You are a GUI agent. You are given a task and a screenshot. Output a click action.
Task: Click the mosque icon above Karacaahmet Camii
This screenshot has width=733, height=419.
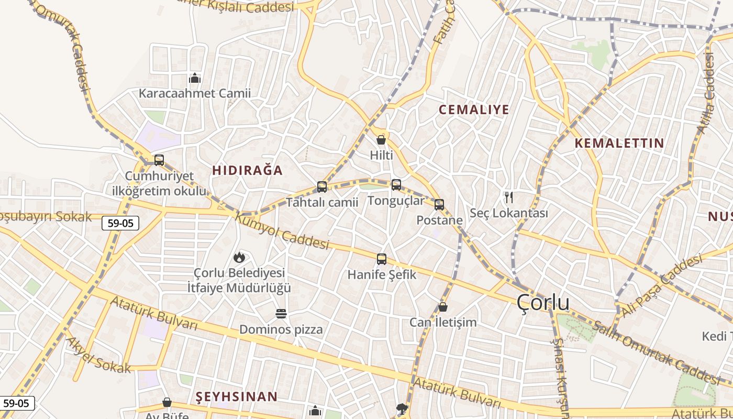click(x=195, y=79)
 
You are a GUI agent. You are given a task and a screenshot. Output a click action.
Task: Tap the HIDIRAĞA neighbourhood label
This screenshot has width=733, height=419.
click(x=247, y=170)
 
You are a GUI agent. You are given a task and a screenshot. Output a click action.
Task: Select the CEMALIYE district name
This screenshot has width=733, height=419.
click(x=474, y=109)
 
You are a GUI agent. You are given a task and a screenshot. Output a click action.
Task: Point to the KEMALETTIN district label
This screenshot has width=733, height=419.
click(x=619, y=143)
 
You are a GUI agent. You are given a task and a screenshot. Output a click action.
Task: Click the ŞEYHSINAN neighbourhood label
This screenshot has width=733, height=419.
click(x=237, y=396)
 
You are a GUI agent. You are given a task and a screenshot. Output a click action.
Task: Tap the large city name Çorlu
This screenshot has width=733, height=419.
click(x=543, y=303)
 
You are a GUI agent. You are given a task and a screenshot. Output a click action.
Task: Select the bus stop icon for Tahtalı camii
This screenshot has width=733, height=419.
click(x=322, y=187)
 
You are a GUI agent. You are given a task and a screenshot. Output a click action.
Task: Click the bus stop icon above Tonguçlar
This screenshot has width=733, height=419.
click(x=396, y=184)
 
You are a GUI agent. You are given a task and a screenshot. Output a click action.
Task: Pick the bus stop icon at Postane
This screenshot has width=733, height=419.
click(x=439, y=205)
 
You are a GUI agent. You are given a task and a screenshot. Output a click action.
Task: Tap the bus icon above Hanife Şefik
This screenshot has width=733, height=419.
click(x=382, y=259)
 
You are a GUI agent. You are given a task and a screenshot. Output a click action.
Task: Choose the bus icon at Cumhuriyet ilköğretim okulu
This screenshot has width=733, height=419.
click(x=159, y=160)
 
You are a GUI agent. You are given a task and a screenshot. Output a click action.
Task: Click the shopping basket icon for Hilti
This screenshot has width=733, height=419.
click(x=381, y=140)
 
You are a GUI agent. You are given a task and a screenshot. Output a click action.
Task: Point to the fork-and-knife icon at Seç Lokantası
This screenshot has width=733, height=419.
click(x=508, y=197)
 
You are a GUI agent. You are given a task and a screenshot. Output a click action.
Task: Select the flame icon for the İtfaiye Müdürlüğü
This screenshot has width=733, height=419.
click(x=239, y=257)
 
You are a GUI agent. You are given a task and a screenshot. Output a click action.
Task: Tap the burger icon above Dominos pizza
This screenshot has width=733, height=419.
click(x=281, y=314)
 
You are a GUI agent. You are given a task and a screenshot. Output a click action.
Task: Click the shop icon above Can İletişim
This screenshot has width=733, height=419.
click(x=443, y=307)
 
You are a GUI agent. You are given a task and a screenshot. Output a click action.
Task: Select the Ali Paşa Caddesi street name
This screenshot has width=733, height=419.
click(x=661, y=285)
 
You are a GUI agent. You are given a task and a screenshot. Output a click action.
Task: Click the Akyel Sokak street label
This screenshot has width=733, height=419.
click(x=98, y=355)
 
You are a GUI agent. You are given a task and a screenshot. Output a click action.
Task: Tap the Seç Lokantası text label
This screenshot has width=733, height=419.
click(x=508, y=213)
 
